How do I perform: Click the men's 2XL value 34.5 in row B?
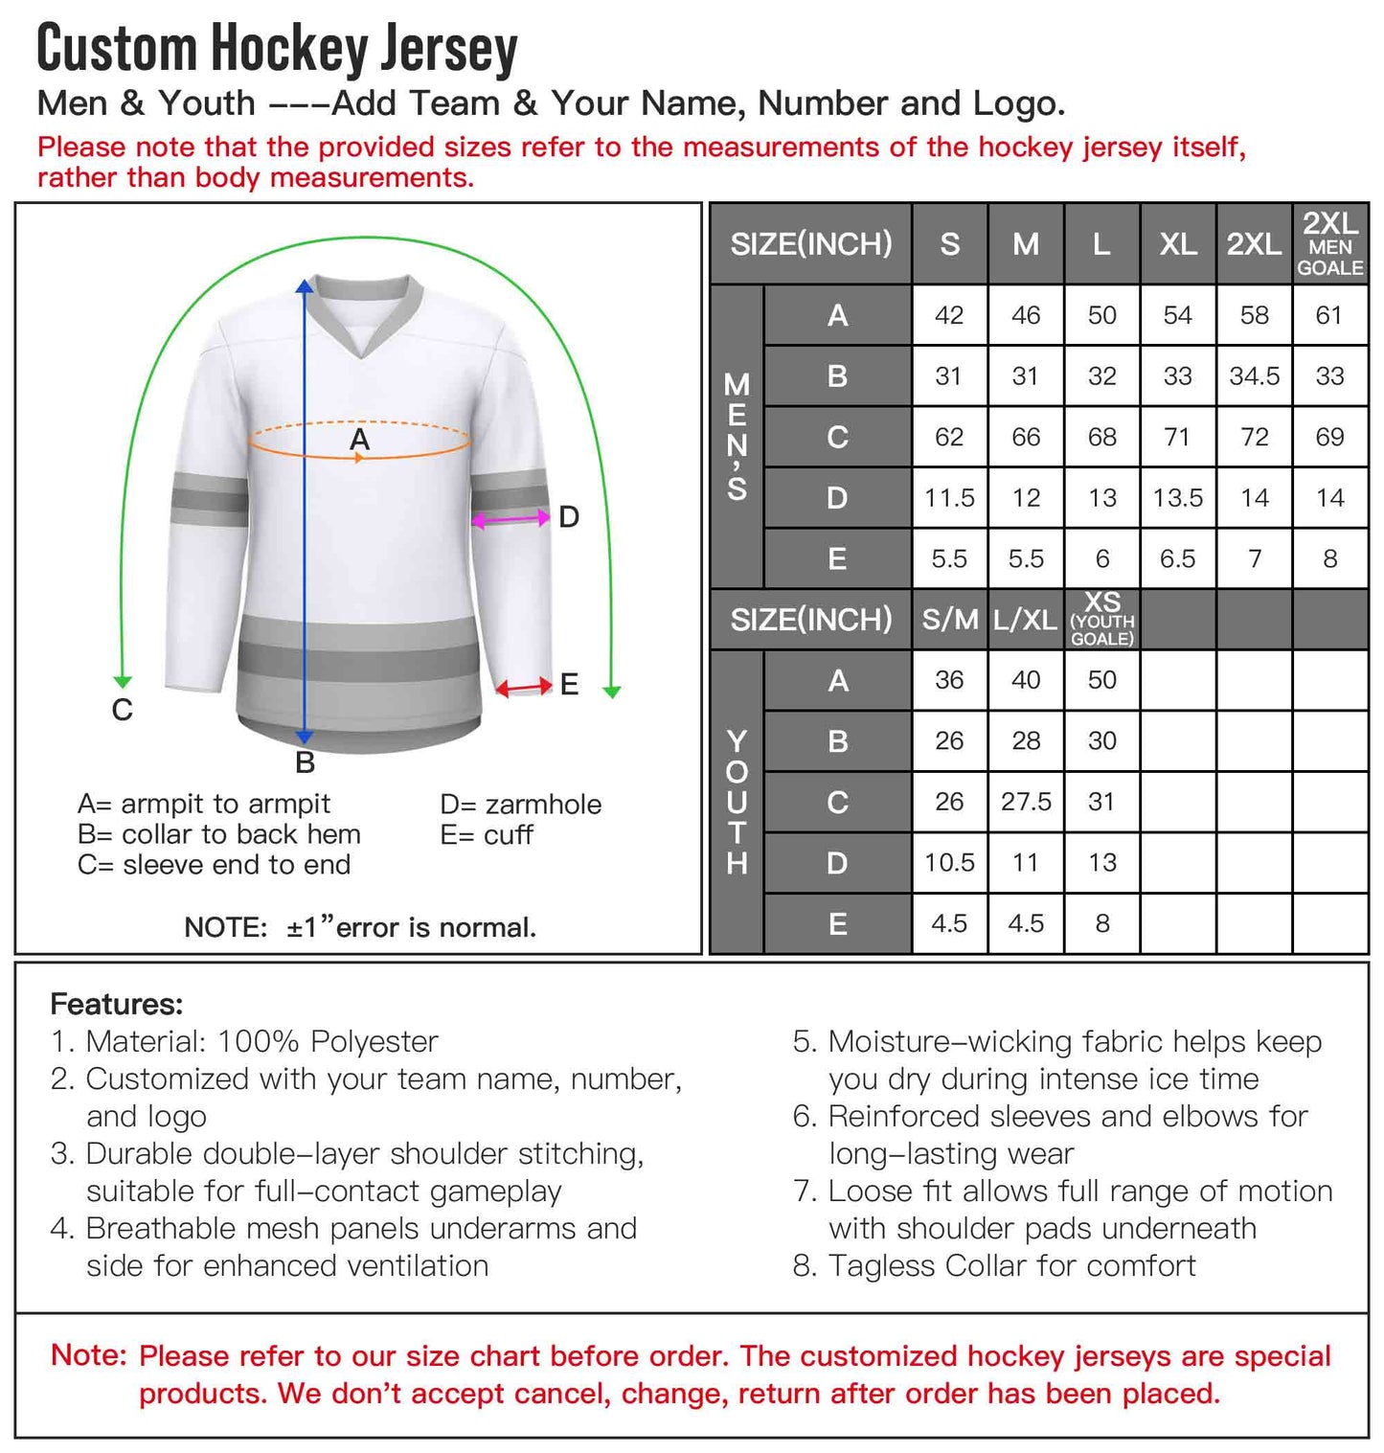[1254, 376]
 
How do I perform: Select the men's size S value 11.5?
[948, 498]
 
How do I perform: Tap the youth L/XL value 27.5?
[1026, 802]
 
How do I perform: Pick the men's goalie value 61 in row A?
[1329, 315]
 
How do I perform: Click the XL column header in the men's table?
[1178, 244]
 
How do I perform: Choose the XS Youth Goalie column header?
[1101, 620]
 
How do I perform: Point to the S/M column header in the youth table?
[949, 620]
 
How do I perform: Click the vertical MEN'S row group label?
[737, 437]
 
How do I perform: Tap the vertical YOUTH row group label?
[737, 803]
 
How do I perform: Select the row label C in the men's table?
[837, 438]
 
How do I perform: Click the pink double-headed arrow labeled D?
[511, 519]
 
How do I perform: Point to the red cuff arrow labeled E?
[524, 686]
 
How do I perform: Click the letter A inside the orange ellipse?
[359, 440]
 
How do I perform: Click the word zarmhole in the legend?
[543, 805]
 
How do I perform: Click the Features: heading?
[116, 1004]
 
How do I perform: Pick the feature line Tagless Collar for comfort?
[1011, 1266]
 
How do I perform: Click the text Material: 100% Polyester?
[261, 1041]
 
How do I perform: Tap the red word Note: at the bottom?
[88, 1355]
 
